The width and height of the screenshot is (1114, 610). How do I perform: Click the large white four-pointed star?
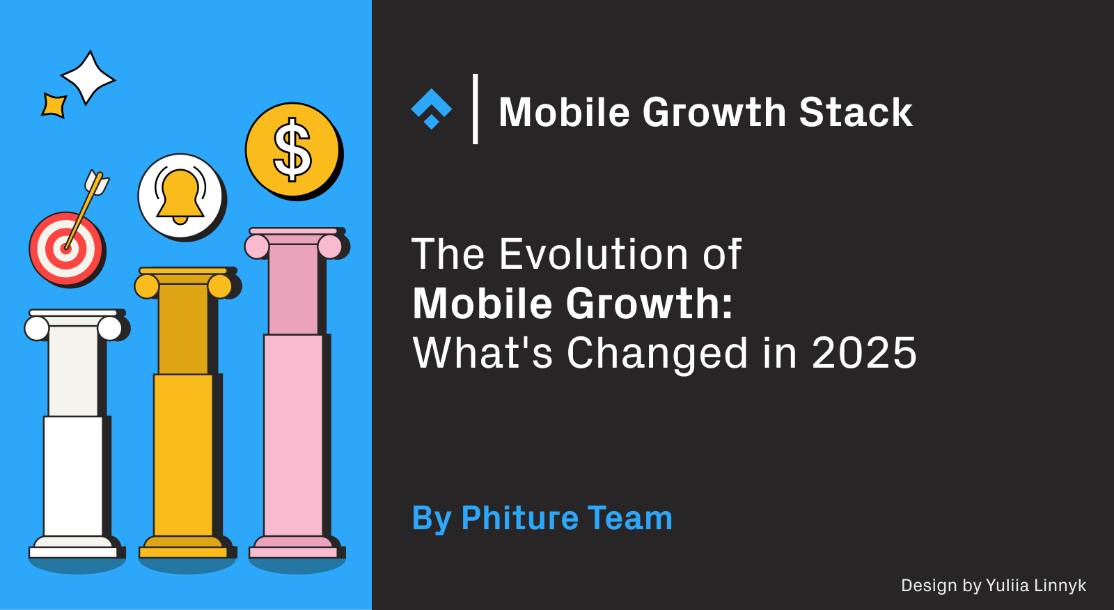point(87,77)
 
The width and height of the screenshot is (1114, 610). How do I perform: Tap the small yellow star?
point(54,105)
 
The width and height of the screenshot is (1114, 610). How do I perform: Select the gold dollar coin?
point(292,150)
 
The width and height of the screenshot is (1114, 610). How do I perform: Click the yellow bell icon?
point(180,196)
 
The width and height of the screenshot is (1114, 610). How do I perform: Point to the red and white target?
point(65,249)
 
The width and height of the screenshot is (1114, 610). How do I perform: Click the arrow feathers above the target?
point(97,182)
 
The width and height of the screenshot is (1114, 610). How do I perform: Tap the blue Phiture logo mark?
point(432,109)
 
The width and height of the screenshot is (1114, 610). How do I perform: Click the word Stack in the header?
point(855,112)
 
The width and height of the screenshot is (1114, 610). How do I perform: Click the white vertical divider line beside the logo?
point(476,109)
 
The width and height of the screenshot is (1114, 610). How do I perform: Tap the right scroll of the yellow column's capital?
point(220,286)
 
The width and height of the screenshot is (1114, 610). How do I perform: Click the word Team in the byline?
point(630,519)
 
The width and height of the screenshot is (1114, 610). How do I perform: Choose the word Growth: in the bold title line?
point(649,304)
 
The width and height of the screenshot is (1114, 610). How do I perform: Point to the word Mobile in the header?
point(565,112)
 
